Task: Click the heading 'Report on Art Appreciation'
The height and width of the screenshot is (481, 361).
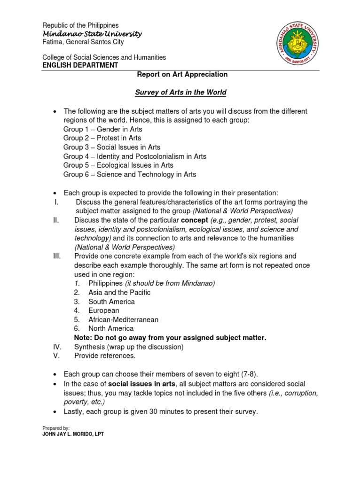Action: [x=182, y=74]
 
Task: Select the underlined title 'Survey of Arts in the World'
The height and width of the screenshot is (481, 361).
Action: [x=181, y=93]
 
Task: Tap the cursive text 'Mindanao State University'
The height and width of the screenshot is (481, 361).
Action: [x=92, y=34]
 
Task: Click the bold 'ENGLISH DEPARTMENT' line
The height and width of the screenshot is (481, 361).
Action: [x=80, y=65]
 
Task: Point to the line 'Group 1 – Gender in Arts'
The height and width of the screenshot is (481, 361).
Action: [x=103, y=129]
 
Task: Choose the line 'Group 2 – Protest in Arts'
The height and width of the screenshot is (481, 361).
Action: [x=102, y=138]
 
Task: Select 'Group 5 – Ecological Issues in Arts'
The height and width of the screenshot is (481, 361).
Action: [x=118, y=165]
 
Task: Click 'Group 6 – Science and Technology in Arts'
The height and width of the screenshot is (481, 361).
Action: [x=130, y=174]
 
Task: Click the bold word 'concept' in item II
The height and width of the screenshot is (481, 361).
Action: [x=194, y=220]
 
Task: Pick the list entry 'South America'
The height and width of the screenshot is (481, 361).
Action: [x=111, y=302]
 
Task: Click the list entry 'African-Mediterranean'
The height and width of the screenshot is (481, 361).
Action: [x=123, y=319]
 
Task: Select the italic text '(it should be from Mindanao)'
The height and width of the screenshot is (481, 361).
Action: [x=170, y=283]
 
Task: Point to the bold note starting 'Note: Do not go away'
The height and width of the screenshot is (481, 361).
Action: [x=170, y=338]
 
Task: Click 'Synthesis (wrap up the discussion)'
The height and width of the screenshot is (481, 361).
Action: [x=129, y=347]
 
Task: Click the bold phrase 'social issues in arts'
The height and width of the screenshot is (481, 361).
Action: [x=141, y=384]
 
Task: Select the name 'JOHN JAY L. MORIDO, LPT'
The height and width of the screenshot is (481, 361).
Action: [x=73, y=434]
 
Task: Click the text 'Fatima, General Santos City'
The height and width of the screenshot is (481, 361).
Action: [x=83, y=42]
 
